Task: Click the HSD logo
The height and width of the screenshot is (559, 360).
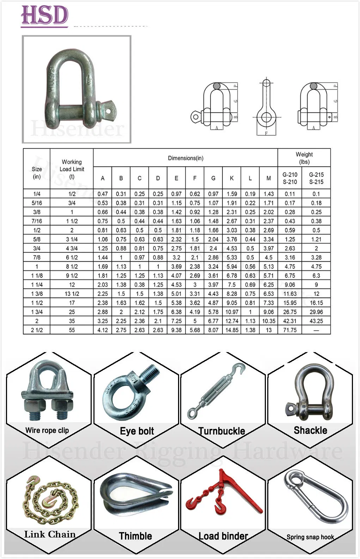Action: pos(44,16)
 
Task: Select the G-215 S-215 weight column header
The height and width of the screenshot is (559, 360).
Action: pos(316,178)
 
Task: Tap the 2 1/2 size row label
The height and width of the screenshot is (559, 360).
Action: pos(37,330)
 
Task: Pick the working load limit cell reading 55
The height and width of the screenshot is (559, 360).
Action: pos(72,330)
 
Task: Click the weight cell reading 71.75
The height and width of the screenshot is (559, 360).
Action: pos(290,330)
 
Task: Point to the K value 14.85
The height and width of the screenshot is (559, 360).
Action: pos(232,330)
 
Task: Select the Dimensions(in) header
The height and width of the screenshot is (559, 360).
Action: pos(185,158)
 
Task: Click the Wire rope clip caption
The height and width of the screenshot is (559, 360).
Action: pos(47,430)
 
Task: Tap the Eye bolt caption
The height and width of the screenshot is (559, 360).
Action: pos(137,431)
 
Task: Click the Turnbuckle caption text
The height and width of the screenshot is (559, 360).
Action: pos(221,431)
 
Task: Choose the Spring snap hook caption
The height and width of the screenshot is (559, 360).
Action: pos(310,537)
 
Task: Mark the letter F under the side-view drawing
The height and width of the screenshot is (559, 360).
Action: pos(266,133)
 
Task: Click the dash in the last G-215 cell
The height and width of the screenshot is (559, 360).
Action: pos(316,330)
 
